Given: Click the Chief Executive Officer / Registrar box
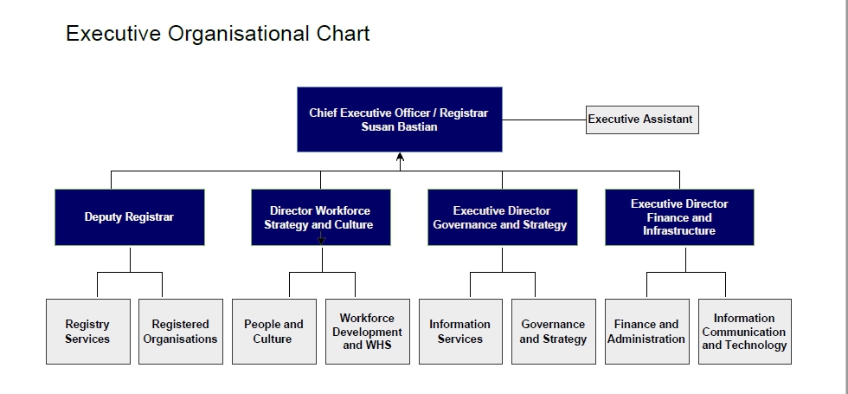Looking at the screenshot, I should click(x=399, y=119).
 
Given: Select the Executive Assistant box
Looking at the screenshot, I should click(x=641, y=119).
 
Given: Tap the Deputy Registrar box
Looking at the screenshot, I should click(x=129, y=217).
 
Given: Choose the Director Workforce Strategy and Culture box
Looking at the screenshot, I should click(x=320, y=217).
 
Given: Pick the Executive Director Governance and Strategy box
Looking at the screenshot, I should click(x=501, y=217).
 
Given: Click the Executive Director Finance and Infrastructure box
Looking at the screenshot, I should click(x=679, y=217).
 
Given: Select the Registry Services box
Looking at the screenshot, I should click(x=87, y=332).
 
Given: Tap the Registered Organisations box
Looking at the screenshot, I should click(x=180, y=332).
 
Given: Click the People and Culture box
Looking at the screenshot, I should click(x=273, y=332).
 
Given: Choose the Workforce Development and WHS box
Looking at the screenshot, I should click(x=367, y=332).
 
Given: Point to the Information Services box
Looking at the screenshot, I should click(x=459, y=332).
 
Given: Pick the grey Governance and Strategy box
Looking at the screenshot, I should click(x=553, y=332).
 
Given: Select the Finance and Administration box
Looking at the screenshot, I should click(x=646, y=332).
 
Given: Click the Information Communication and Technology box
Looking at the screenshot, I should click(x=744, y=332).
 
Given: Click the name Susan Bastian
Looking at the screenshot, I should click(x=399, y=127).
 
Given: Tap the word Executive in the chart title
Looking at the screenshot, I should click(x=113, y=34).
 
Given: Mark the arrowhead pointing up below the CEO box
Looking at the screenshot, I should click(x=400, y=158).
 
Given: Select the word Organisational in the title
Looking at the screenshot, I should click(x=238, y=34).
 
